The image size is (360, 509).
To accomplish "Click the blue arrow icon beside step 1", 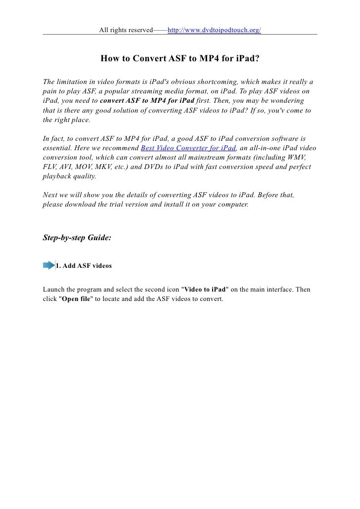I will click(x=49, y=265).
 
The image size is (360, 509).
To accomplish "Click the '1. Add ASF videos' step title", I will click(x=83, y=266).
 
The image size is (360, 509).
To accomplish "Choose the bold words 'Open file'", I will click(x=76, y=299).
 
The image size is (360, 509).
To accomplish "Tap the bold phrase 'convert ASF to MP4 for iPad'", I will click(x=150, y=100).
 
